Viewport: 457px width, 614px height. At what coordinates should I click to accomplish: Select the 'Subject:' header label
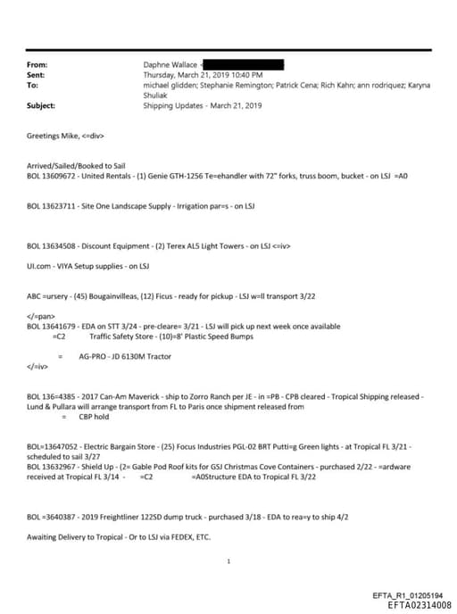(42, 105)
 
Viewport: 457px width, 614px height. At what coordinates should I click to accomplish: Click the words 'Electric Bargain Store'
(124, 444)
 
